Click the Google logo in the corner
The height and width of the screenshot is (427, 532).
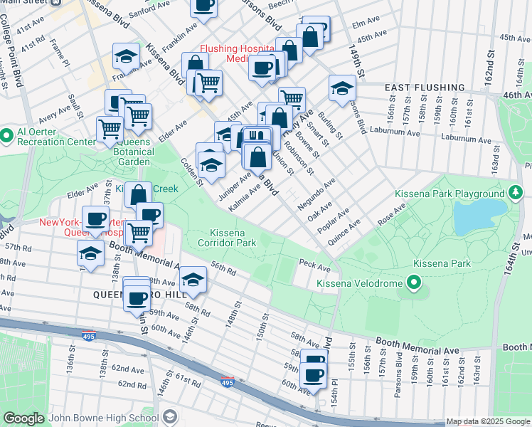23,418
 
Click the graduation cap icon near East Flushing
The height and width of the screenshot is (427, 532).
342,90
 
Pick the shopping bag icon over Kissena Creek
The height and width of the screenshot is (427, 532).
139,194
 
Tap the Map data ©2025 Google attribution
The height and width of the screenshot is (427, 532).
488,421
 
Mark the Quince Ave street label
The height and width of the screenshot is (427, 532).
344,232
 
